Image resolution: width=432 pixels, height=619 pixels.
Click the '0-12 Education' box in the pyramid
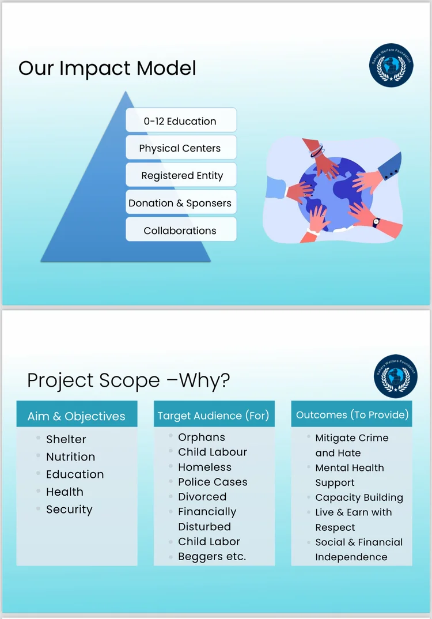[181, 120]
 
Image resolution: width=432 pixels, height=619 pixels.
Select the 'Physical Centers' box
[181, 147]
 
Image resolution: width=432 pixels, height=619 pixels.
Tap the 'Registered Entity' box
[181, 175]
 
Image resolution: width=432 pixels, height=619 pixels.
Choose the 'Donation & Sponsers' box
[181, 202]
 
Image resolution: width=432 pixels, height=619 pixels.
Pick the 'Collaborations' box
[181, 229]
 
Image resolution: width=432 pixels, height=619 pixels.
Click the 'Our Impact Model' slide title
[107, 68]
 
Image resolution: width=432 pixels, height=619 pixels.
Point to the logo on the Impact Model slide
[391, 65]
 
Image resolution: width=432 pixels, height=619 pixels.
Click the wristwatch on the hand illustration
[376, 222]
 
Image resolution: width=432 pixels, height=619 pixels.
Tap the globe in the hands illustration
[335, 194]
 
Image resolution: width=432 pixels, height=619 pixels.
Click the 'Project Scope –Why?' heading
[128, 380]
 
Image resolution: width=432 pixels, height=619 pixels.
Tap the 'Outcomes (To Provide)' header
[351, 414]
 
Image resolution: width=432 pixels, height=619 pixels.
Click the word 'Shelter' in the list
[66, 439]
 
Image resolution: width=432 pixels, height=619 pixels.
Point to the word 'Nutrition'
[71, 456]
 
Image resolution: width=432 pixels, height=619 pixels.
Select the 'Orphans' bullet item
[202, 437]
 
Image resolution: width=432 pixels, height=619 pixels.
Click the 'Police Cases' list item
[213, 482]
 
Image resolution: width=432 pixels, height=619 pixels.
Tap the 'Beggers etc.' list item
[212, 556]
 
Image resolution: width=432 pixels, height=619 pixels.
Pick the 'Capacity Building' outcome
[359, 497]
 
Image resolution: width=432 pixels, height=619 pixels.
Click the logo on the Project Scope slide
[396, 376]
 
